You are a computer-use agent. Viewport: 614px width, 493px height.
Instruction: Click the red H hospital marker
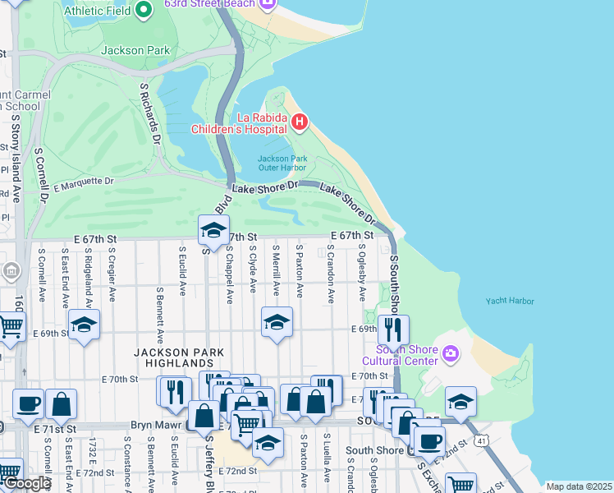pyautogui.click(x=300, y=123)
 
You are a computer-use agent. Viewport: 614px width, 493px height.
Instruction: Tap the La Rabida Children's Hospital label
pyautogui.click(x=238, y=122)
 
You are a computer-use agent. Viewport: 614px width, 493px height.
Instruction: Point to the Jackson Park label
pyautogui.click(x=135, y=50)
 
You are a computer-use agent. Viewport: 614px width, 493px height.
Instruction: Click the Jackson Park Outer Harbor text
pyautogui.click(x=282, y=163)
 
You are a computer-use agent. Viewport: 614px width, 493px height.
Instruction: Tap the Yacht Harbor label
pyautogui.click(x=509, y=302)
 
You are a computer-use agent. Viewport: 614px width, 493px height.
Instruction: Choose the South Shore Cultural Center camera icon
pyautogui.click(x=450, y=354)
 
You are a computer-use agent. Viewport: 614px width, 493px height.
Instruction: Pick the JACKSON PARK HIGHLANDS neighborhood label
pyautogui.click(x=174, y=357)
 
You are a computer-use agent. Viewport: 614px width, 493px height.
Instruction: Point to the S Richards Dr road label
pyautogui.click(x=149, y=112)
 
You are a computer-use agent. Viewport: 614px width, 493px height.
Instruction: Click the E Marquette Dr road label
pyautogui.click(x=83, y=184)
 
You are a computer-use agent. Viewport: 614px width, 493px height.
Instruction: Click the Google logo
pyautogui.click(x=26, y=483)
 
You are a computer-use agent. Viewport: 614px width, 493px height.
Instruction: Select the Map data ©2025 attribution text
pyautogui.click(x=578, y=486)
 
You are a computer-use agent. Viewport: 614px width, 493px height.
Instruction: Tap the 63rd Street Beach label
pyautogui.click(x=208, y=4)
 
